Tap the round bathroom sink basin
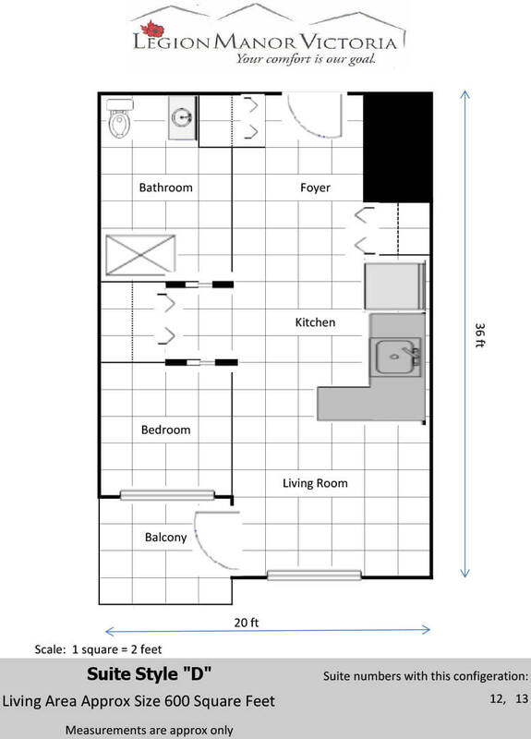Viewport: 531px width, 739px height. (x=182, y=117)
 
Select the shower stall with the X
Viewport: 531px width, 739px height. (x=140, y=255)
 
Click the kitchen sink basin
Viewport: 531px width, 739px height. (x=395, y=357)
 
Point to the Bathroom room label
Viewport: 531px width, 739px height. (x=166, y=188)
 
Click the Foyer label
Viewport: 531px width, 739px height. (x=315, y=188)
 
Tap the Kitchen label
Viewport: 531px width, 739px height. (x=315, y=322)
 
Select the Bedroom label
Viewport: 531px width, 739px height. (x=166, y=430)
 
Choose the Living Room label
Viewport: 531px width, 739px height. (x=315, y=483)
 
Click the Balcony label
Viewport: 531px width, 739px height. (x=166, y=538)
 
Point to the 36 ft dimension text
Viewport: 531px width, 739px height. (x=479, y=335)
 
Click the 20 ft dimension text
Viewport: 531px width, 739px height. (x=247, y=623)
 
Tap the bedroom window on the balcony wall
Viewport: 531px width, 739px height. (x=167, y=495)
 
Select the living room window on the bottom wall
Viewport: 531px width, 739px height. (x=314, y=575)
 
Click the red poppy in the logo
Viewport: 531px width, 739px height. (x=152, y=29)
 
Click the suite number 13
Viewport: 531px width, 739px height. (x=522, y=698)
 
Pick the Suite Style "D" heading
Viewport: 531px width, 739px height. (x=150, y=674)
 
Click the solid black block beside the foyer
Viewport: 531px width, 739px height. (x=398, y=148)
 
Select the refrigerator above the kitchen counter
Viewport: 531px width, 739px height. (x=395, y=285)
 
